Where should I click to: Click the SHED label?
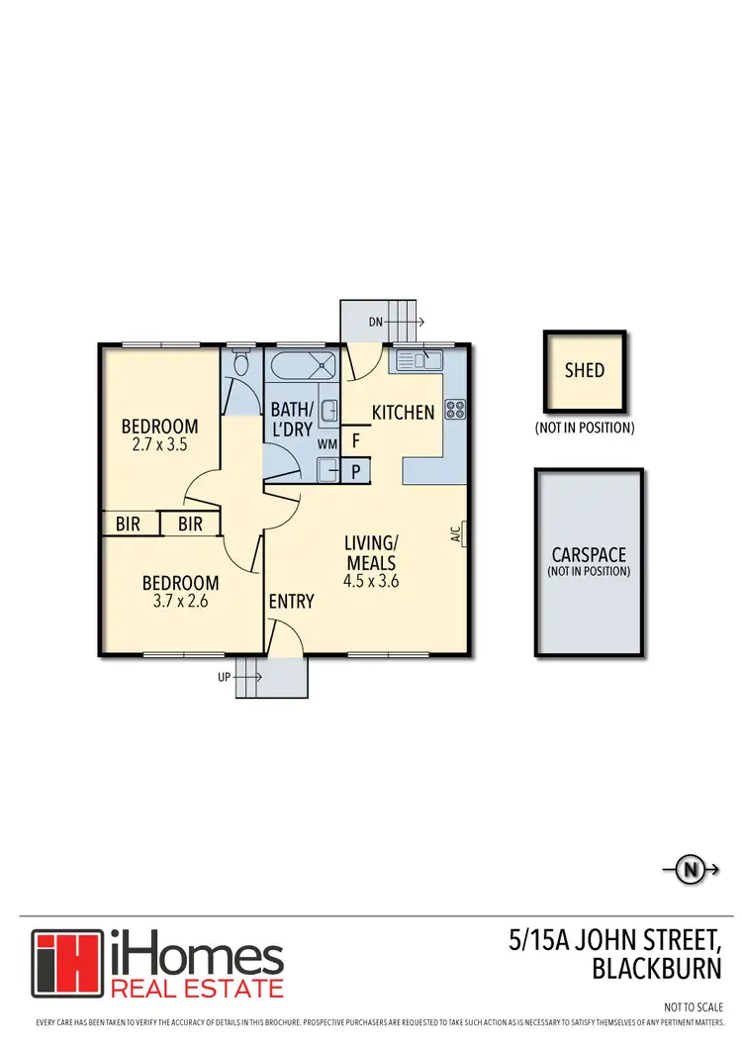[584, 371]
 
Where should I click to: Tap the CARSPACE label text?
[589, 555]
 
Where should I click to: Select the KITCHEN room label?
[403, 413]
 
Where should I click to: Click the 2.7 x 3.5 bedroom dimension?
[159, 445]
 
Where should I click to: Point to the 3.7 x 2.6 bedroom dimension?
[179, 600]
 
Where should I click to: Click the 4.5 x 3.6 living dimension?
[370, 581]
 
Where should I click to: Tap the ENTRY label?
[291, 601]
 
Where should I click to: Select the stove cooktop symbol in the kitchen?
[455, 409]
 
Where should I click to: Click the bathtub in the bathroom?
[304, 366]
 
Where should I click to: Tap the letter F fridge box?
[355, 441]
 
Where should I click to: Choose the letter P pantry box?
[355, 472]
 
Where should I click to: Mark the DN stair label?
[374, 322]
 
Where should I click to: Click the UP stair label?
[226, 678]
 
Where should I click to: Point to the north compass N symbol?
[689, 871]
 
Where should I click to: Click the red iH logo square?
[66, 964]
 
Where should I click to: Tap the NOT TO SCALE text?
[694, 1006]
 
